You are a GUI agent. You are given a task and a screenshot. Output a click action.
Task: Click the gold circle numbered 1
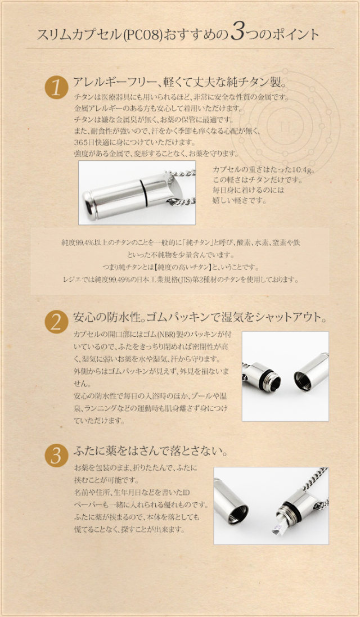[56, 88]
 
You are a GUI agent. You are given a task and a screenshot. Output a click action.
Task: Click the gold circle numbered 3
[56, 455]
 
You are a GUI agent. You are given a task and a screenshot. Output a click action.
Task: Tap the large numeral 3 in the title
[237, 34]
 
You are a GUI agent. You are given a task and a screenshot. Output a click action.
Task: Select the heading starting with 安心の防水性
[200, 317]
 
